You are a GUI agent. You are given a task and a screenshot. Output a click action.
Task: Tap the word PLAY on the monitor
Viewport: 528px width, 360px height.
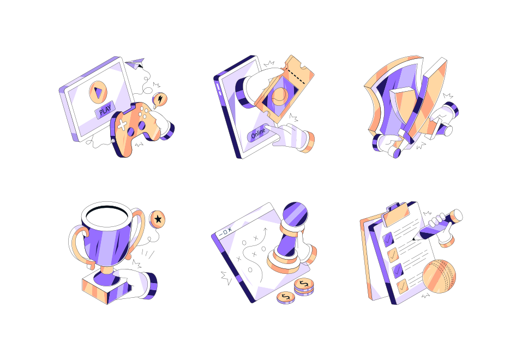(x=105, y=112)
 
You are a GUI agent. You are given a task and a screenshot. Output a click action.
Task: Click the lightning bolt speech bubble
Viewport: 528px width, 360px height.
(x=160, y=99)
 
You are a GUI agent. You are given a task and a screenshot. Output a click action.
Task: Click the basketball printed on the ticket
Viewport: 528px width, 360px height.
(x=279, y=97)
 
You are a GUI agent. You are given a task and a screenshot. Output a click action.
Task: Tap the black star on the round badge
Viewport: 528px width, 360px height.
(x=158, y=219)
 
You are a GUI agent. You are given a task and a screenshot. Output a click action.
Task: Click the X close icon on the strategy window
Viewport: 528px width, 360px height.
(x=230, y=231)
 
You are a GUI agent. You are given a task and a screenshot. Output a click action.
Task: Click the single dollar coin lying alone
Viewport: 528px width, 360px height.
(x=285, y=297)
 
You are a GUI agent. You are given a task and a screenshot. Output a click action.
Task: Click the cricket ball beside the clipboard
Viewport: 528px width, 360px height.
(x=439, y=276)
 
